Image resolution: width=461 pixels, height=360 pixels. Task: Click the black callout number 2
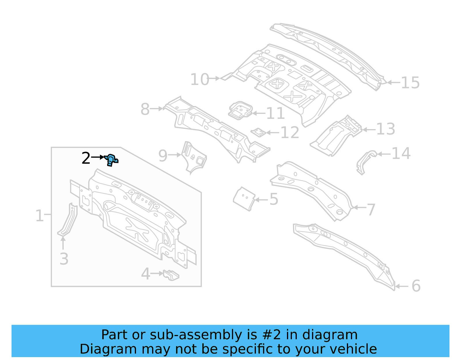coord(86,158)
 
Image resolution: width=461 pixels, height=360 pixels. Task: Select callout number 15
coord(410,83)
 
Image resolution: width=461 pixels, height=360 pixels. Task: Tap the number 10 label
coord(199,79)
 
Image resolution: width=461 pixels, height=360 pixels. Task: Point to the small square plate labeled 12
coord(258,132)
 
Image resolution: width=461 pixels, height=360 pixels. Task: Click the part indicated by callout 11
coord(240,110)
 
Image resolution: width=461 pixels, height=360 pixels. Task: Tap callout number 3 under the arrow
coord(64,259)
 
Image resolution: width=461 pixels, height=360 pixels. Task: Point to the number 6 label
coord(416,286)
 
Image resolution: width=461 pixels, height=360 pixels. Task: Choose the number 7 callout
coord(371,210)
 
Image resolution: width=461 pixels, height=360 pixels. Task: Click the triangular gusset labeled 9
coord(194,157)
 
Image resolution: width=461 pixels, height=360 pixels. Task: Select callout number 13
coord(386,129)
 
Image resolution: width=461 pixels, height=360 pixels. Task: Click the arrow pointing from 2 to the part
coord(98,157)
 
